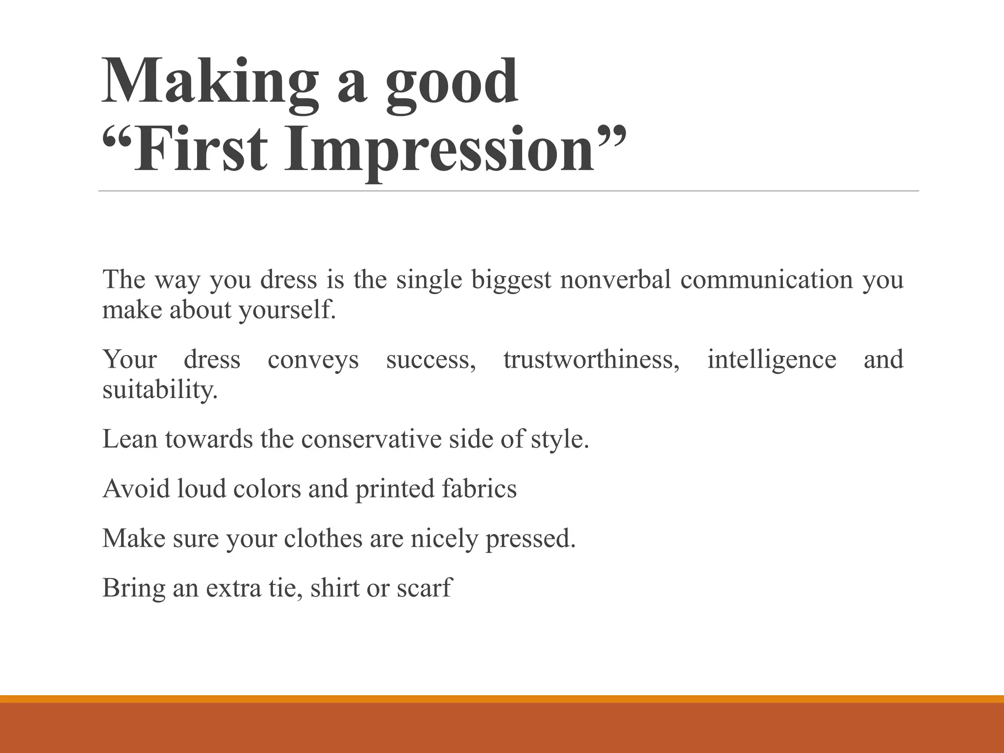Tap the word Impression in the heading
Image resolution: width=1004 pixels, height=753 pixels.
pos(439,150)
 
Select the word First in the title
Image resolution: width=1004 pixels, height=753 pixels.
pos(201,150)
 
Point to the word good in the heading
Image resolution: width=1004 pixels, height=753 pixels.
pos(451,81)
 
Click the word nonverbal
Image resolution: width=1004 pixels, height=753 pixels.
pos(615,279)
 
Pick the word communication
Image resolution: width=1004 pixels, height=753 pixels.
pos(767,279)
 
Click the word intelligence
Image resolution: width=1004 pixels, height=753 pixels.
pos(772,359)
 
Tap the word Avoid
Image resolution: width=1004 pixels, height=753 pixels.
pos(136,489)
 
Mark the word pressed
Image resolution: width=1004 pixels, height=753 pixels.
pos(530,539)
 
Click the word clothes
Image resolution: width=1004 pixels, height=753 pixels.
pos(324,538)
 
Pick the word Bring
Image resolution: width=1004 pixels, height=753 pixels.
pos(133,588)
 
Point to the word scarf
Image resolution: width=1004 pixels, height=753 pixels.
pos(424,588)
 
